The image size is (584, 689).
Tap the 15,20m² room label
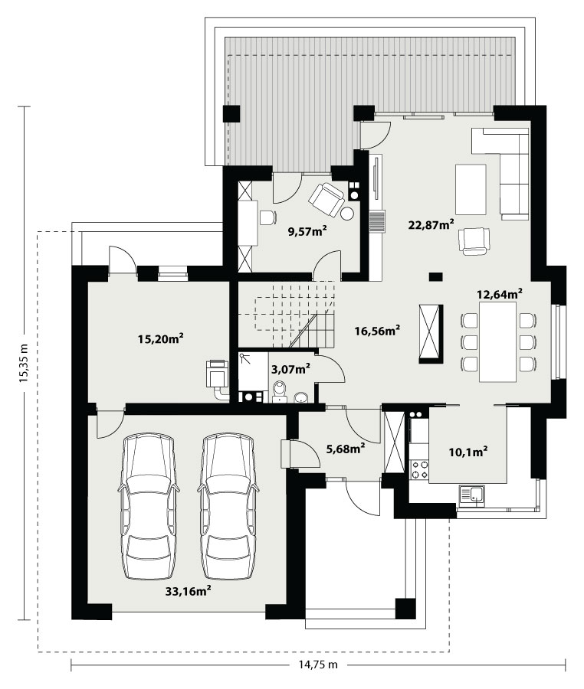[160, 339]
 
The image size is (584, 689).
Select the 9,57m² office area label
[307, 231]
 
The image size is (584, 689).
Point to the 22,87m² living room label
[431, 225]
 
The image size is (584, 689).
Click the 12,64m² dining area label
[500, 293]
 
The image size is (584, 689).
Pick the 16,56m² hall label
[377, 331]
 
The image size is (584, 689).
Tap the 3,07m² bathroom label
[290, 369]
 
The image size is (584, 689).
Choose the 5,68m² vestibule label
[346, 449]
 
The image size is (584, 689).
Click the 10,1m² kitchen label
[468, 451]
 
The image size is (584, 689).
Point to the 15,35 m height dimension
[24, 363]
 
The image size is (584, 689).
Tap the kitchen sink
[472, 494]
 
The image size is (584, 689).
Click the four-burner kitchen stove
[419, 469]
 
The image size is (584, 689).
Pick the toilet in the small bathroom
[279, 391]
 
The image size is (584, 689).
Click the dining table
[498, 341]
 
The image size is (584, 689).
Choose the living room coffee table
[471, 189]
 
